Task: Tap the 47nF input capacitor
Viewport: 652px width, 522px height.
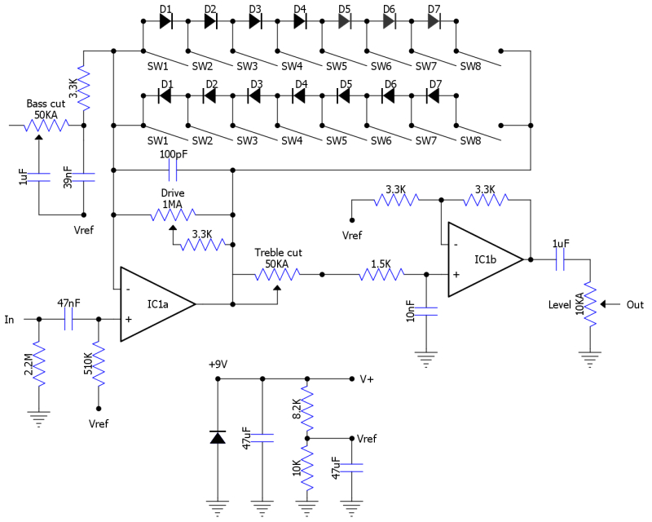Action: coord(68,319)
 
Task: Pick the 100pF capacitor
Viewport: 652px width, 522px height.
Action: coord(172,170)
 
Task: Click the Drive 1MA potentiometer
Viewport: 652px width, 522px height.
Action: coord(172,215)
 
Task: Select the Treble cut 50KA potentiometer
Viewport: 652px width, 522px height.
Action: coord(277,275)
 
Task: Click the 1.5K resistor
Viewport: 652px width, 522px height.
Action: coord(380,275)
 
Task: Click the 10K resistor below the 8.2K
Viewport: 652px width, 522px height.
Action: coord(306,469)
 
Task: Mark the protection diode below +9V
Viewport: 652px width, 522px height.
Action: coord(217,437)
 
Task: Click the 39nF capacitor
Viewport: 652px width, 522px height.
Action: coord(84,177)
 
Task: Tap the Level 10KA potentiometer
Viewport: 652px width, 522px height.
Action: coord(588,304)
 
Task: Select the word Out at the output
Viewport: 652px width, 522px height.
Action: coord(635,304)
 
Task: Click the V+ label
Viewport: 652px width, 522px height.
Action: coord(367,379)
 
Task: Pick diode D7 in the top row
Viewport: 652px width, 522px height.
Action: coord(434,22)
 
